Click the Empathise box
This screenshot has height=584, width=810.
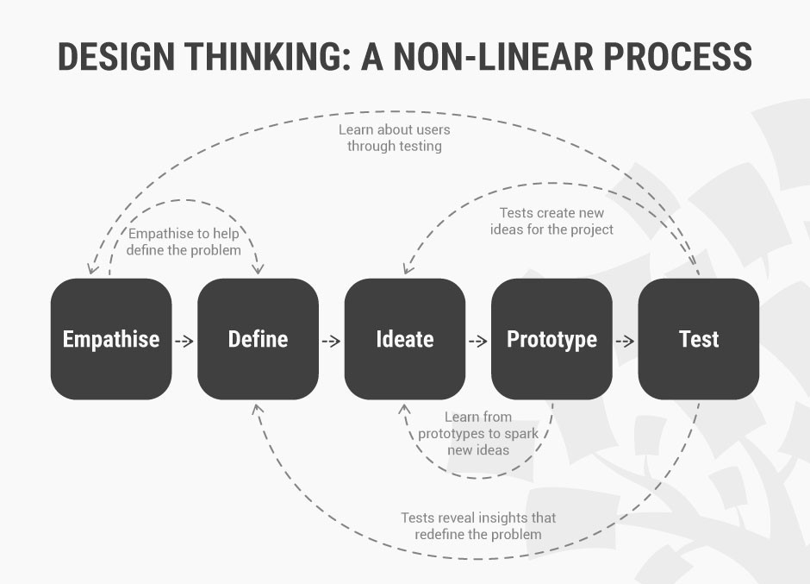tap(111, 339)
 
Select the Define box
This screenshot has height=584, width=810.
tap(258, 339)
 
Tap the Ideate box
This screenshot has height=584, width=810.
tap(405, 339)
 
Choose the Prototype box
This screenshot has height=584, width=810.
tap(551, 339)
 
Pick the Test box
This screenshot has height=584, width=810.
tap(699, 339)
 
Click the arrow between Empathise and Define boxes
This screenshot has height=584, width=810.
tap(184, 342)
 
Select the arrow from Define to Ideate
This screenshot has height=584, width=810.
tap(331, 342)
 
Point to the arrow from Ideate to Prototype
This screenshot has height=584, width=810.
tap(478, 342)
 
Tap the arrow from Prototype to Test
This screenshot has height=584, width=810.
tap(625, 342)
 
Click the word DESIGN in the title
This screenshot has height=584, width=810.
tap(116, 56)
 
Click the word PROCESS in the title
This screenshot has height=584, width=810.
tap(678, 56)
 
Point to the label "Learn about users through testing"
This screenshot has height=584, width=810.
tap(394, 138)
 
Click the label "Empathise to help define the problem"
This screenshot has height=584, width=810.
tap(184, 242)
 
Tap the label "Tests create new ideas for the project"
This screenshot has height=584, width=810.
tap(551, 221)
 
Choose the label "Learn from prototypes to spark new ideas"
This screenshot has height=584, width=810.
tap(478, 433)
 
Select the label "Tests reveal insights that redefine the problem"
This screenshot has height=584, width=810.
tap(478, 525)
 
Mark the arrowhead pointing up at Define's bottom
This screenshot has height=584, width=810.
tap(257, 408)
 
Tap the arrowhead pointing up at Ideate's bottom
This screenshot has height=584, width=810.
tap(404, 408)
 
